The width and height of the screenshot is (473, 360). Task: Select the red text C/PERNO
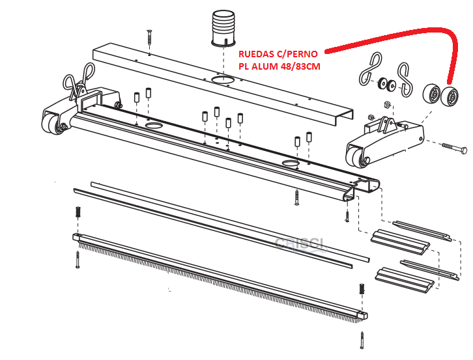tap(298, 55)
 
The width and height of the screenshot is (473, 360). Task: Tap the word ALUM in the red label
tap(264, 66)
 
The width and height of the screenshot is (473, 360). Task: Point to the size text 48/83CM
tap(302, 66)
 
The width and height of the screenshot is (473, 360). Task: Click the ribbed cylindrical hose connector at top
tap(225, 29)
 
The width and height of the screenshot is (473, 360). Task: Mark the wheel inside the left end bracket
tap(51, 123)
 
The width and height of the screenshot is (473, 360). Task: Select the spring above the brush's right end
tap(360, 289)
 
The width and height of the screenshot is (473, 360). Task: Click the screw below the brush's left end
tap(78, 259)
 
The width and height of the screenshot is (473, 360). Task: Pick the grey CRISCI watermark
tap(301, 243)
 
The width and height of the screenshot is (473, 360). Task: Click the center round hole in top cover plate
tap(223, 80)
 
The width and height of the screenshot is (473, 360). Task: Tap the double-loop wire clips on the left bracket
tap(76, 87)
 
